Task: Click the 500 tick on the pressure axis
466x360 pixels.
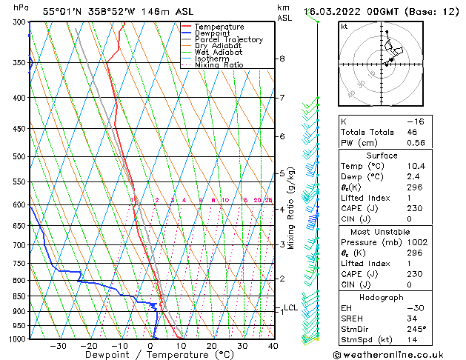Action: [x=19, y=157]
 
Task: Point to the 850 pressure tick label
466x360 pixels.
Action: [x=19, y=296]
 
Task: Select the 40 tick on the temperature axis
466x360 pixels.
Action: [x=273, y=346]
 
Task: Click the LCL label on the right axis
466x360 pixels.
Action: [x=290, y=307]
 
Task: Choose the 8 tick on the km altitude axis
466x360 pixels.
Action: [x=282, y=59]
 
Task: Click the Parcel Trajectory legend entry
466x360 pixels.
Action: [x=228, y=40]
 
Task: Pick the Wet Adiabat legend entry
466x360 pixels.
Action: [x=219, y=53]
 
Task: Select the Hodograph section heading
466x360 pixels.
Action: [x=381, y=297]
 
